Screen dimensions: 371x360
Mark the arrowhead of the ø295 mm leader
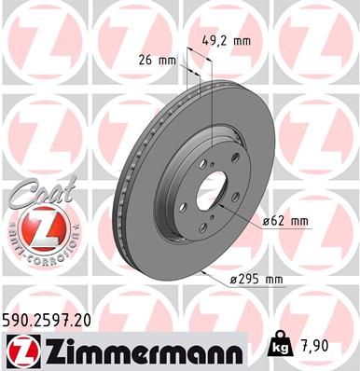[201, 271]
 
